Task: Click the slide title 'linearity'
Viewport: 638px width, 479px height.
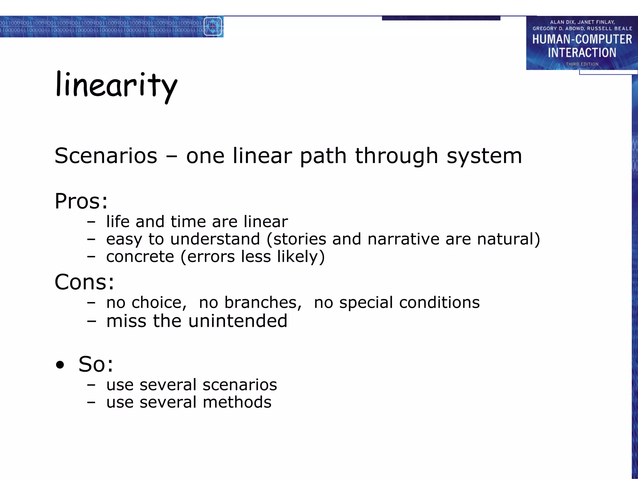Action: [116, 86]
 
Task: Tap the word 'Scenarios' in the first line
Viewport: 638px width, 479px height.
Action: [106, 156]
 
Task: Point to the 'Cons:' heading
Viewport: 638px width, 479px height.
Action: [84, 282]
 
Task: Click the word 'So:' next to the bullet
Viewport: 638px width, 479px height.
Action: [96, 364]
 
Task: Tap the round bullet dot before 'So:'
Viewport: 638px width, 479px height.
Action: [60, 365]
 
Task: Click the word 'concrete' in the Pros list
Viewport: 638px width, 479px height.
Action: [140, 257]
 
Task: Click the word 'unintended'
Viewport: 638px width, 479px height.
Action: [238, 321]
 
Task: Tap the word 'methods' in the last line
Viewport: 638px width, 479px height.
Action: [237, 402]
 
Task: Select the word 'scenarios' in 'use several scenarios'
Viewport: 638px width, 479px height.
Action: [240, 385]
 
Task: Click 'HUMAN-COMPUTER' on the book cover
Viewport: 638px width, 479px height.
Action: [582, 40]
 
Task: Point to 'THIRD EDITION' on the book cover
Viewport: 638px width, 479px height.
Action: [582, 64]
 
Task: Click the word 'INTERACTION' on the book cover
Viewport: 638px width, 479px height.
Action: [582, 53]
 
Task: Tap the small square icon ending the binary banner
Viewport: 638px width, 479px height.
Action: [213, 27]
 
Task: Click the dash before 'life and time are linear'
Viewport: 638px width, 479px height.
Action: [91, 222]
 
